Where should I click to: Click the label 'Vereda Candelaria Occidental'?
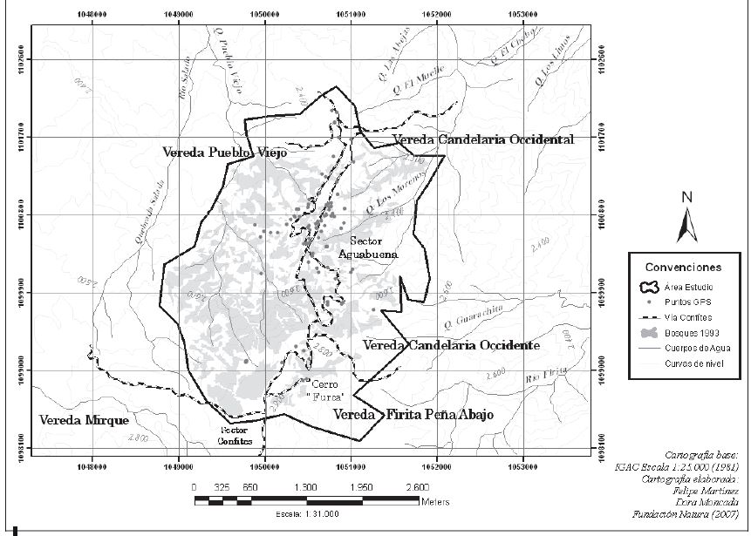point(482,139)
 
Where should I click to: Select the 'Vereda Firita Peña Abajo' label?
point(413,415)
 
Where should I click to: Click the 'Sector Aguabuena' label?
point(373,248)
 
